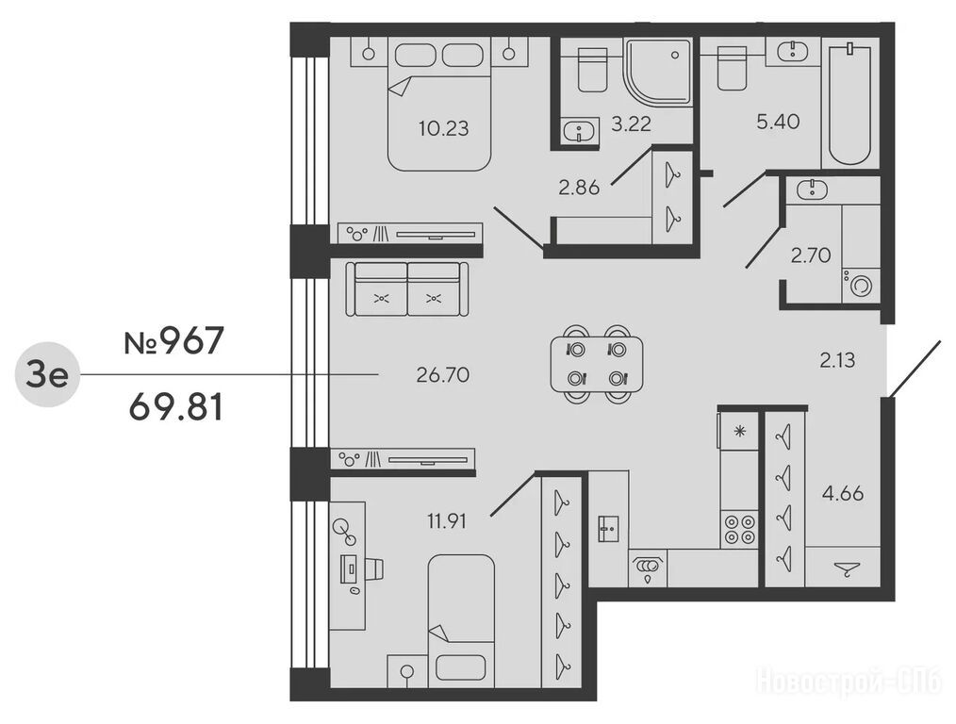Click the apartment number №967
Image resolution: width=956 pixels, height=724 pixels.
(x=174, y=341)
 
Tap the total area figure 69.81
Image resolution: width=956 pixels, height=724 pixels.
(x=175, y=407)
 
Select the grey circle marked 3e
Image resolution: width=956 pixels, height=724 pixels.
(x=47, y=375)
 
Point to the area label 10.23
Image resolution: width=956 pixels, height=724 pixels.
(x=444, y=128)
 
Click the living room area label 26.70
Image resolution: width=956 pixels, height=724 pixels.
(x=442, y=375)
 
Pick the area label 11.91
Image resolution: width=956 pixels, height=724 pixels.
(x=447, y=521)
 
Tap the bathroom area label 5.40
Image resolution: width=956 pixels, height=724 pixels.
(x=778, y=122)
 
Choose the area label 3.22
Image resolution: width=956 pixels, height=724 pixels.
(x=631, y=124)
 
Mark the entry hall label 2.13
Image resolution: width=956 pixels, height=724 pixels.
(x=837, y=361)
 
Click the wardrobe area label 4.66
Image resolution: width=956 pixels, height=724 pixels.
(x=843, y=493)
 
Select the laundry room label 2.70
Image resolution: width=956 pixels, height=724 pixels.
(x=811, y=255)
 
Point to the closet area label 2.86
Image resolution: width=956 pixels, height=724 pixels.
(x=579, y=188)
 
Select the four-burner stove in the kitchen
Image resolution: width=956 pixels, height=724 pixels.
(x=739, y=529)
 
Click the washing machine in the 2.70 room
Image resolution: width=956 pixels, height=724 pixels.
(x=860, y=285)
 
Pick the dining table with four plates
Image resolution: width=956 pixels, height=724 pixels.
(x=596, y=365)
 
